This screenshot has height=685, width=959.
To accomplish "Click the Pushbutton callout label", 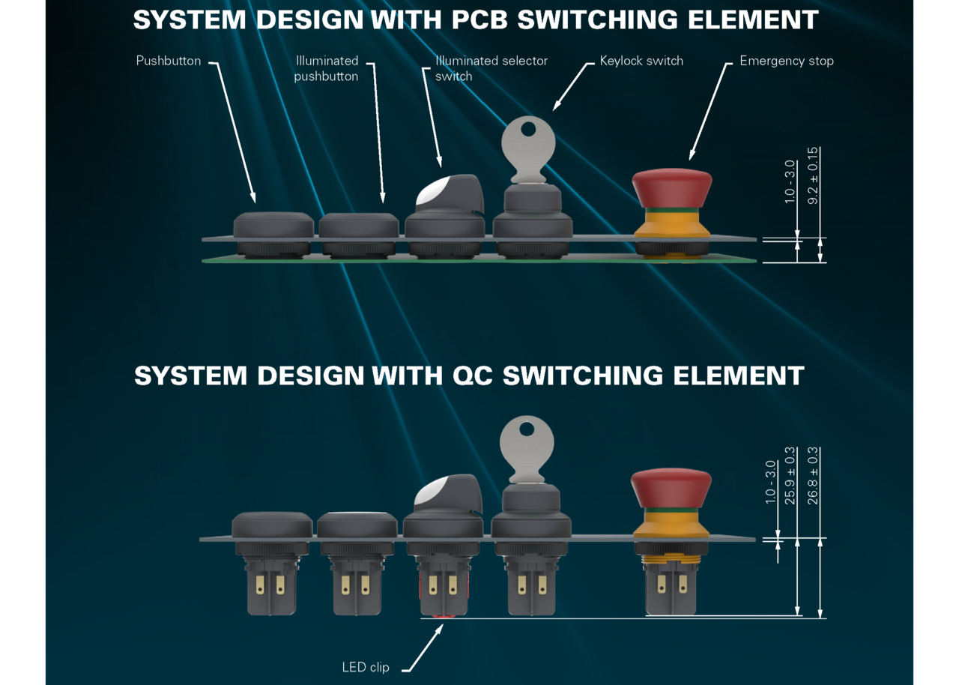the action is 169,61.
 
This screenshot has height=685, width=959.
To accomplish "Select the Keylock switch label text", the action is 641,61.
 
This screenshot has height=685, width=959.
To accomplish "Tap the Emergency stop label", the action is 787,61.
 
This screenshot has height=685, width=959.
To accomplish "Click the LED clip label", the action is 365,667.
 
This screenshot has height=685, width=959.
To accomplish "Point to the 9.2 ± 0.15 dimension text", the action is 813,176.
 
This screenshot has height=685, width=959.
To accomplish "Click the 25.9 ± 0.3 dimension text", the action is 790,476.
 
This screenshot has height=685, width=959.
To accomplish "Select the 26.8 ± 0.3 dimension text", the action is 812,476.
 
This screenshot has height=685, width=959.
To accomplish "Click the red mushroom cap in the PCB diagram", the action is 672,189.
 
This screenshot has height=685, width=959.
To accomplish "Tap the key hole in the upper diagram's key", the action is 529,128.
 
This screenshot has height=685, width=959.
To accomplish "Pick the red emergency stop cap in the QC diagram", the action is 671,489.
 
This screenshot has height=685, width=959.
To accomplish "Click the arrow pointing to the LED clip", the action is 424,648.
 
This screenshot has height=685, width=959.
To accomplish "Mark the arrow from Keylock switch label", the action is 572,86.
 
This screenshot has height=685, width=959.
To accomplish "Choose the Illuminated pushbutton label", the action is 326,68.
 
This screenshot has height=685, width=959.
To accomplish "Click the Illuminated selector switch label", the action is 491,68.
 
